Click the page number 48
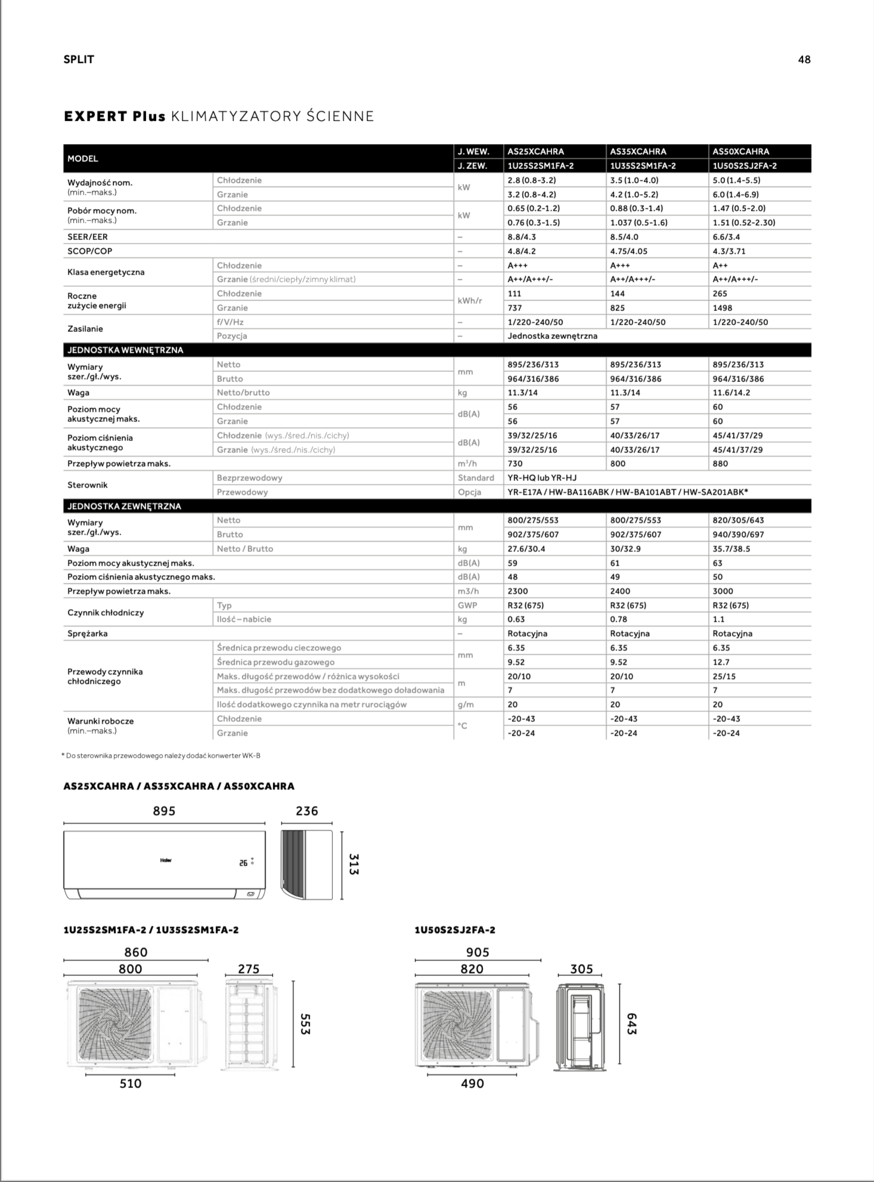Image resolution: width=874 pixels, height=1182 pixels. coord(803,59)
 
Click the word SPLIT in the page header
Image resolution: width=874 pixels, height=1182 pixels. coord(79,59)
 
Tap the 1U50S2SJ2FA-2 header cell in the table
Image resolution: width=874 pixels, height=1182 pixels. coord(744,166)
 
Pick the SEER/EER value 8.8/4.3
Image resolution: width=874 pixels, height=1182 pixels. coord(522,236)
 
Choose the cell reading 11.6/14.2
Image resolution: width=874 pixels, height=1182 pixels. coord(731,393)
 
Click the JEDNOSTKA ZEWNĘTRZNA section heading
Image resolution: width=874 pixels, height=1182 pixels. coord(124,506)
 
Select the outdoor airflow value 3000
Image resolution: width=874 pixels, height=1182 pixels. coord(723,591)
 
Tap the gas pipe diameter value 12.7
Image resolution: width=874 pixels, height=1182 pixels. coord(721,662)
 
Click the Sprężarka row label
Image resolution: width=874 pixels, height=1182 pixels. coord(87,633)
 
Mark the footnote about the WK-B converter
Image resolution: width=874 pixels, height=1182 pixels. coord(161,755)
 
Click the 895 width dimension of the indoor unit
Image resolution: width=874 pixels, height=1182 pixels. coord(164,811)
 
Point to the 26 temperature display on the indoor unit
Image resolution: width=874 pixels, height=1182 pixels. coord(244,863)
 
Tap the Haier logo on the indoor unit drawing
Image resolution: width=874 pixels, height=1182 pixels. coord(166,860)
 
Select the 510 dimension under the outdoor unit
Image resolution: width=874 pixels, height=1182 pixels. coord(130,1084)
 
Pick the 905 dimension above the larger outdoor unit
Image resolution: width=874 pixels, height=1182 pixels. coord(478,952)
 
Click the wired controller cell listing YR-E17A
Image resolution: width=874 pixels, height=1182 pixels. coord(627,492)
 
